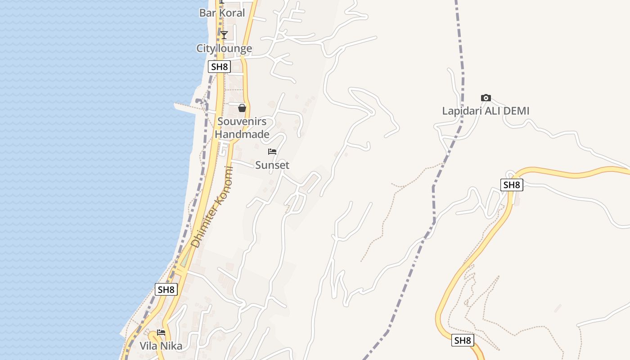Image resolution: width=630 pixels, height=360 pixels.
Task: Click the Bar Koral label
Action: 222,13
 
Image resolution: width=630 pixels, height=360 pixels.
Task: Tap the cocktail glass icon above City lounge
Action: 224,35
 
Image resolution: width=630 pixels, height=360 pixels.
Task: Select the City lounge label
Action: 224,48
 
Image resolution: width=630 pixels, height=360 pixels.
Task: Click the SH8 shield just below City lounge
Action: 220,67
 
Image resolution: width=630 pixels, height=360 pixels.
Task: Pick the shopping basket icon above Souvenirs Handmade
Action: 242,108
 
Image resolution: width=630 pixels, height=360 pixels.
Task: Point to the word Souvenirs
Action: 242,121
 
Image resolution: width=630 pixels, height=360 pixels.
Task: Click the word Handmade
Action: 242,134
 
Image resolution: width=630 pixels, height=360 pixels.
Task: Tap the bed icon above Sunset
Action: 272,152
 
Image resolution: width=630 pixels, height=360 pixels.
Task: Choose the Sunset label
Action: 272,165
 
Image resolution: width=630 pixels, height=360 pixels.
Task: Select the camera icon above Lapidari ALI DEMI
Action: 486,98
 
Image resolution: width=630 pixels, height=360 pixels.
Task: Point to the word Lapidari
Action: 460,111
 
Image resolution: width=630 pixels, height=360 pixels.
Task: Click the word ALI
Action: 489,111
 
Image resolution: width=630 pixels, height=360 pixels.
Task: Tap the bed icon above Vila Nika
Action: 161,333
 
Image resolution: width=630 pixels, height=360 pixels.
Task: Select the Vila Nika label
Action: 161,346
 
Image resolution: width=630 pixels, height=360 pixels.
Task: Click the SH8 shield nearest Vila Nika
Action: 166,289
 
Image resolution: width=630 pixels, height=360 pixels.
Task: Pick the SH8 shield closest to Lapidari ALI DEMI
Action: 512,184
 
